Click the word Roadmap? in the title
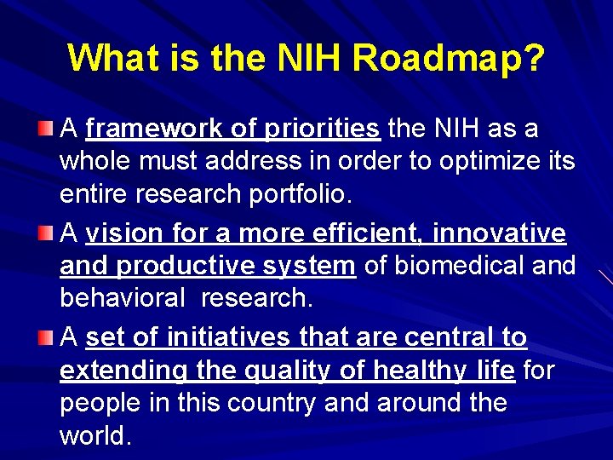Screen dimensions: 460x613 (449, 58)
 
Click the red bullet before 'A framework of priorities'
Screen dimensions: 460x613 (45, 129)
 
